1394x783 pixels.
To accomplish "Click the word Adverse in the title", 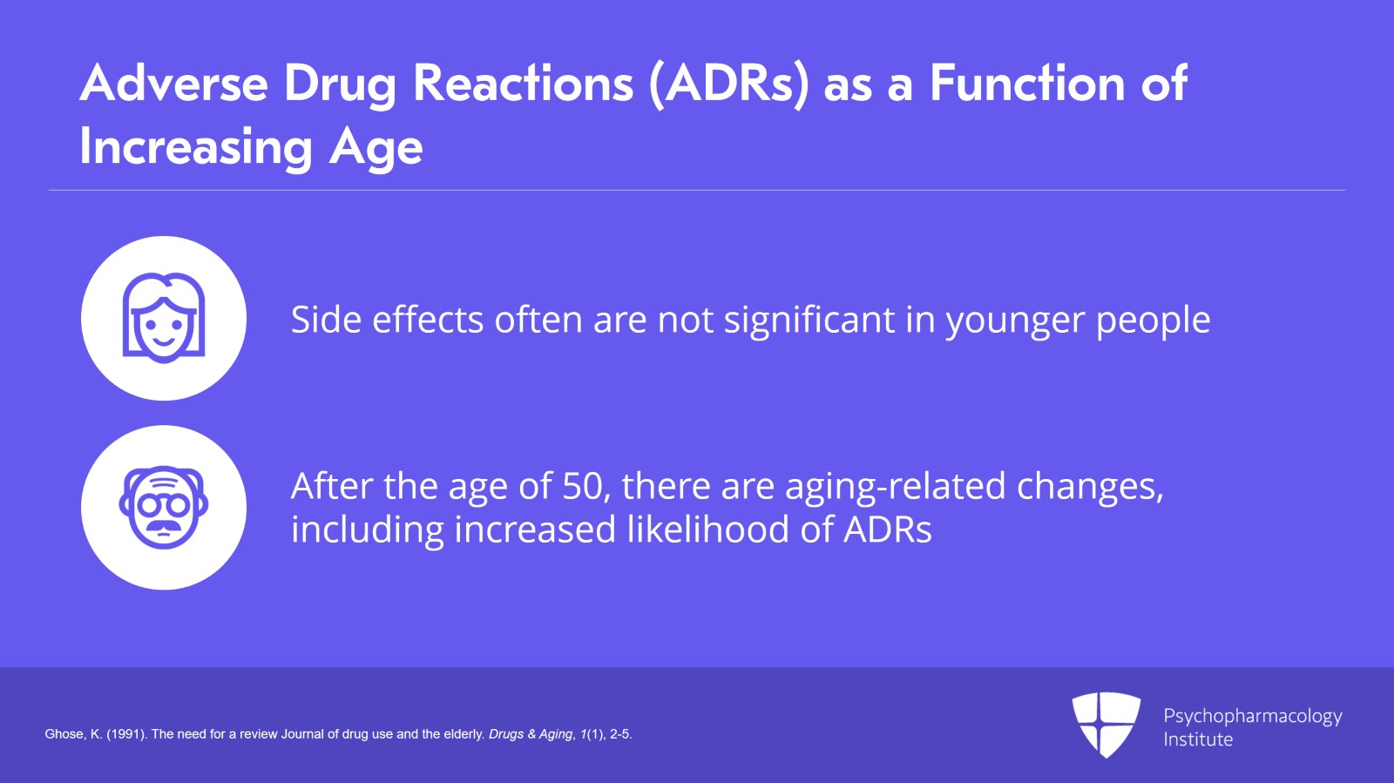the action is pos(174,83).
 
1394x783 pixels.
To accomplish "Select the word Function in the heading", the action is pos(1027,83).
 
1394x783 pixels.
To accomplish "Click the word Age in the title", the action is pos(376,148).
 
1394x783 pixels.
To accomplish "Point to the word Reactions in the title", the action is pos(524,83).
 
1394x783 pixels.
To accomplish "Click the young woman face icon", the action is pos(164,318).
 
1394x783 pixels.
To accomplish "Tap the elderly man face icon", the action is pos(164,507).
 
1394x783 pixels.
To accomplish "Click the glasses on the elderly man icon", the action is pos(164,505).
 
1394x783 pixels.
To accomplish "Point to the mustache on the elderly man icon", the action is pos(164,529).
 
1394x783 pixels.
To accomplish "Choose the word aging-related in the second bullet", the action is pos(895,489).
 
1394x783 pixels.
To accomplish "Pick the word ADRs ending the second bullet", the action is pos(888,530).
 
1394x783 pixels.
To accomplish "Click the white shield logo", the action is pos(1106,725).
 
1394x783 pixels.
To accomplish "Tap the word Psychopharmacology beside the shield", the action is pos(1253,717).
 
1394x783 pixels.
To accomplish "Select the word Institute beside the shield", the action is pos(1198,739).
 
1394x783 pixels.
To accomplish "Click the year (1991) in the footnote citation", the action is pos(127,734).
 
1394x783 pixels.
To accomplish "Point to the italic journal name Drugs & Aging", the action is pos(531,734).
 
